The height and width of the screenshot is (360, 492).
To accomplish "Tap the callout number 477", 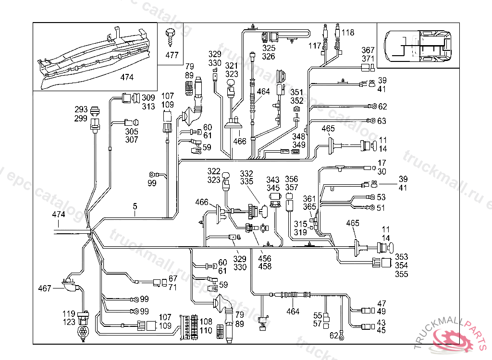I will tap(172, 55).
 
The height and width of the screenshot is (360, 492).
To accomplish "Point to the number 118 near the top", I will tap(348, 33).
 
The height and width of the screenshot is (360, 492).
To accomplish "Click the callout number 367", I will tap(368, 50).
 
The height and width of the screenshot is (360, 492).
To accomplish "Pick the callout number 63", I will tap(382, 121).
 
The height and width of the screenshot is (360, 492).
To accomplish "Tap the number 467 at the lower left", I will tap(45, 288).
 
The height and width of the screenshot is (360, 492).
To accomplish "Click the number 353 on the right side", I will tap(401, 257).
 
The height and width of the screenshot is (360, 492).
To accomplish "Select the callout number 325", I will tap(269, 48).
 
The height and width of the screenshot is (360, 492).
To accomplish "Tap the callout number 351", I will tap(297, 93).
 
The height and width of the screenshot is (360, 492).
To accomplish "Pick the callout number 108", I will tap(206, 321).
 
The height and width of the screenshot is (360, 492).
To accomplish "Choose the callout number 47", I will tap(381, 303).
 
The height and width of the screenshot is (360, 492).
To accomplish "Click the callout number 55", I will tap(318, 315).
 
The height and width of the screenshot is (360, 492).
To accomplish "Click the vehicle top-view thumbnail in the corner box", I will tap(418, 45).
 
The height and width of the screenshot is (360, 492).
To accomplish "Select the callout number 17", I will tap(382, 163).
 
